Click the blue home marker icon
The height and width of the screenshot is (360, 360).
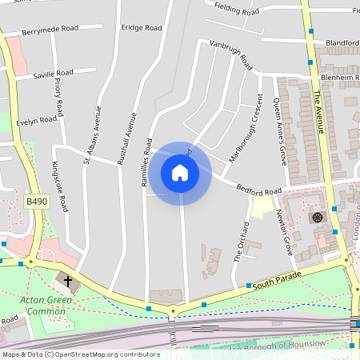pyautogui.click(x=180, y=173)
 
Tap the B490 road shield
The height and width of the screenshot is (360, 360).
pyautogui.click(x=36, y=202)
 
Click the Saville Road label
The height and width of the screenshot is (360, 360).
pyautogui.click(x=54, y=75)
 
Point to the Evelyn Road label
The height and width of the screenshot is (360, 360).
pyautogui.click(x=38, y=121)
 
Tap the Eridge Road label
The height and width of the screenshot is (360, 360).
pyautogui.click(x=142, y=28)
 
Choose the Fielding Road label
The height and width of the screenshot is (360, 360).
pyautogui.click(x=238, y=10)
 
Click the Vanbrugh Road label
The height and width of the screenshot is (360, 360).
pyautogui.click(x=230, y=54)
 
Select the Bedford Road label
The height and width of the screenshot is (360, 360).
pyautogui.click(x=259, y=189)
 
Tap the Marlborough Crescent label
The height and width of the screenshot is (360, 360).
pyautogui.click(x=246, y=129)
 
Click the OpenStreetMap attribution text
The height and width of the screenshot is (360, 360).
pyautogui.click(x=81, y=354)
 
